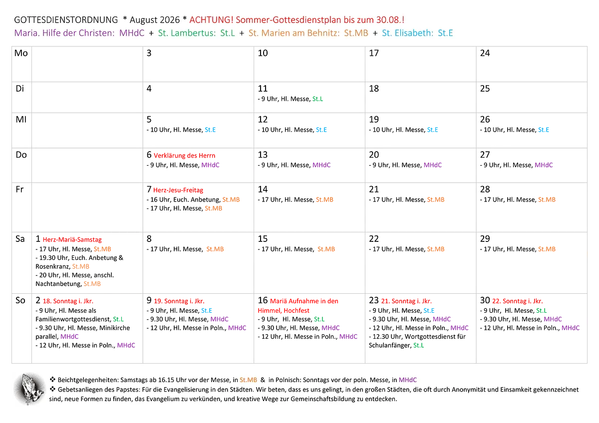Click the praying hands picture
tap(29, 389)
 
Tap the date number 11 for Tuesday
tap(263, 88)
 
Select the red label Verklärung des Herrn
tap(184, 156)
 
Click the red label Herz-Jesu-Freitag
tap(178, 190)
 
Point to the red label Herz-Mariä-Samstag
tap(72, 240)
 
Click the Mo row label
tap(21, 53)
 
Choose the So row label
tap(20, 300)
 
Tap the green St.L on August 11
tap(317, 99)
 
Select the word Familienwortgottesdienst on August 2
tap(73, 319)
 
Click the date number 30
tap(485, 300)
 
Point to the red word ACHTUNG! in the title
tap(211, 20)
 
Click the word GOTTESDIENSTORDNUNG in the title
tap(66, 20)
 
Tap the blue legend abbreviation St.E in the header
tap(445, 33)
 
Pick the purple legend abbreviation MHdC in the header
tap(132, 33)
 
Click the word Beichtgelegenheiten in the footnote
tap(88, 380)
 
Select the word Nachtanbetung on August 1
tap(58, 284)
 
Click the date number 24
tap(485, 53)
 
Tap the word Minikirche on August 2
tap(115, 328)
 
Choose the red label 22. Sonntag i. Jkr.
tap(518, 301)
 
